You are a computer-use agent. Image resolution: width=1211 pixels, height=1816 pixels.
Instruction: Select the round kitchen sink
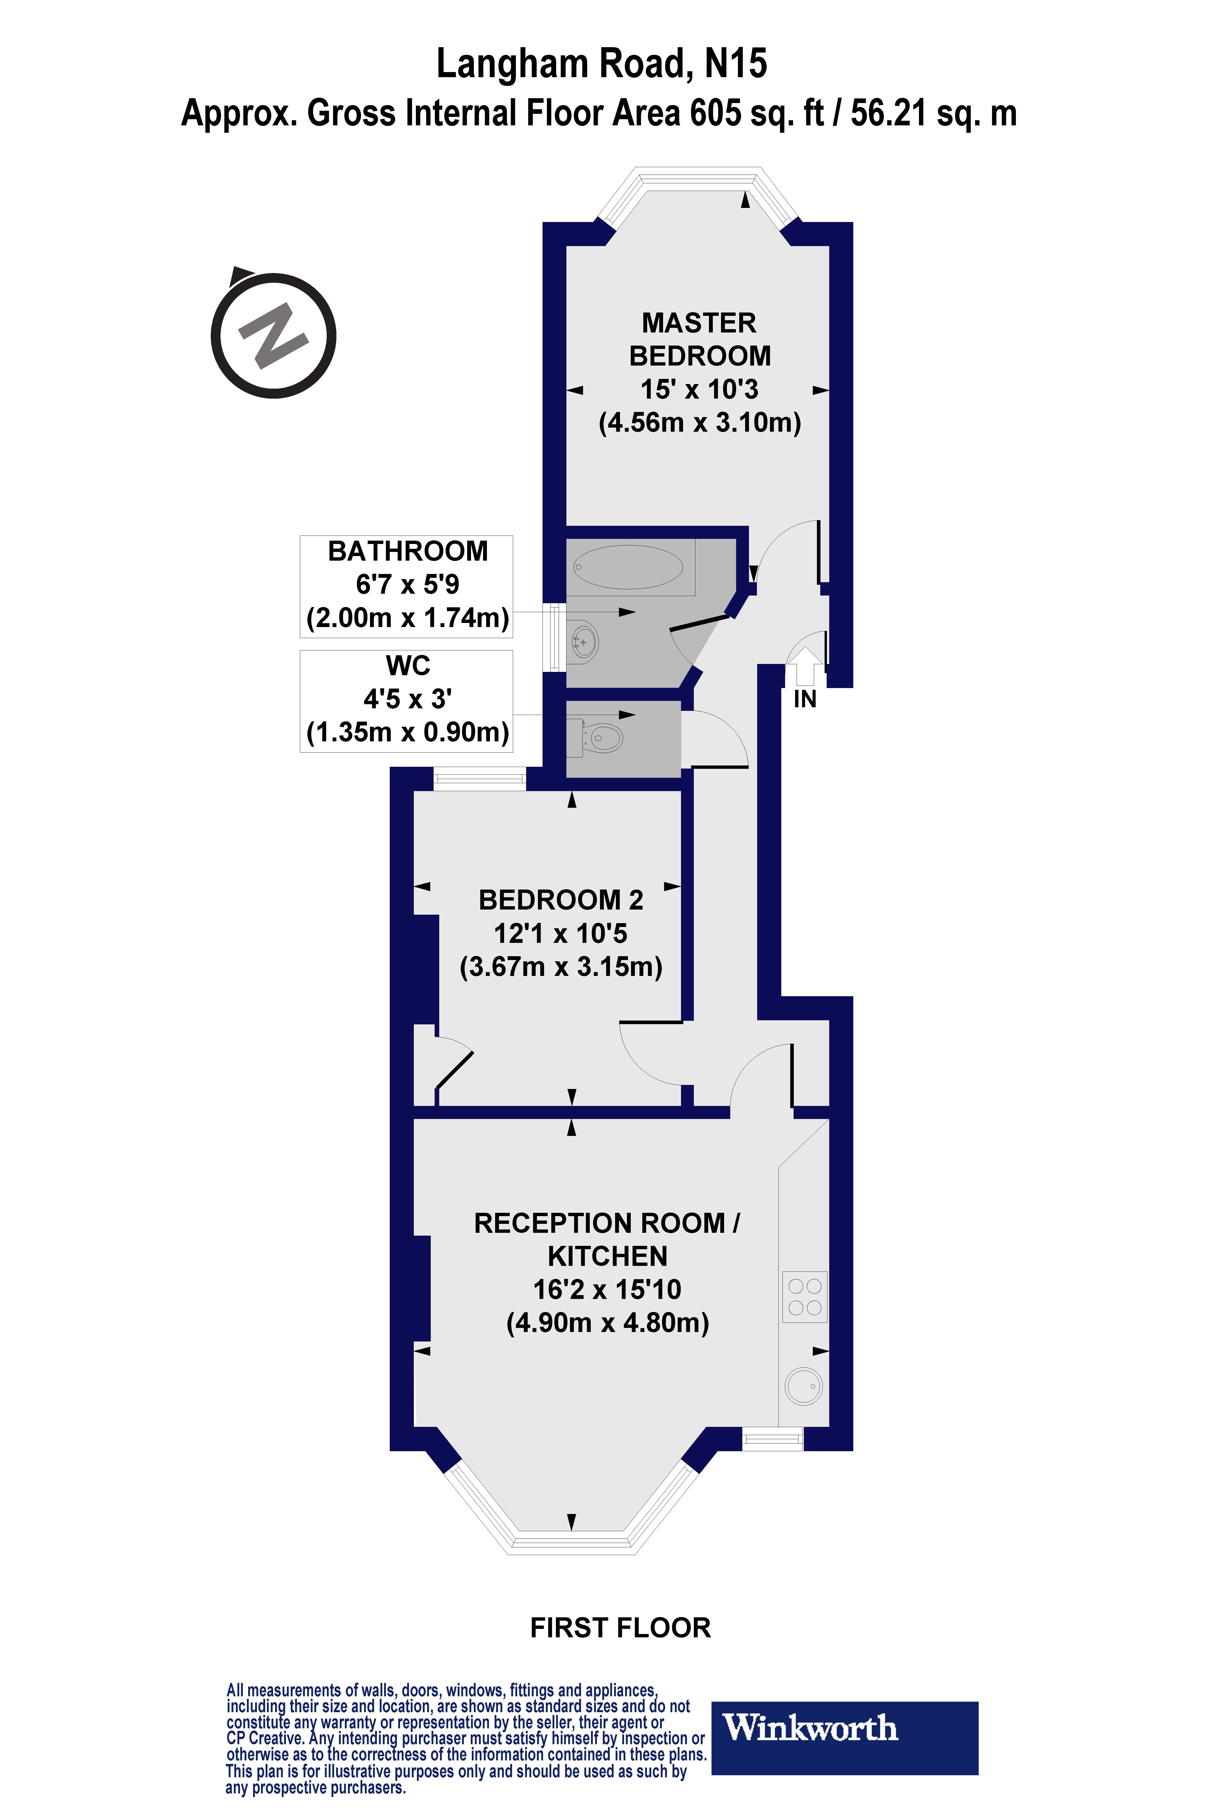click(x=803, y=1387)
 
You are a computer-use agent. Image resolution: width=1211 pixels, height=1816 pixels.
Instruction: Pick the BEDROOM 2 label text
click(x=561, y=900)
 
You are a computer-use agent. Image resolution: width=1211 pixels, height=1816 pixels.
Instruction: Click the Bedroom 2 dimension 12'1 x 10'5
click(x=561, y=933)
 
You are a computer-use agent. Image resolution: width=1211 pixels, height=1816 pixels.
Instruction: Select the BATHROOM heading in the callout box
click(x=408, y=551)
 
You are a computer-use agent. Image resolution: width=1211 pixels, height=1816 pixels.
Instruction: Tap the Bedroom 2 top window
click(x=480, y=778)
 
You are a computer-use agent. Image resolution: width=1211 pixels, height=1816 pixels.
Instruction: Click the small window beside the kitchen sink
click(x=772, y=1438)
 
